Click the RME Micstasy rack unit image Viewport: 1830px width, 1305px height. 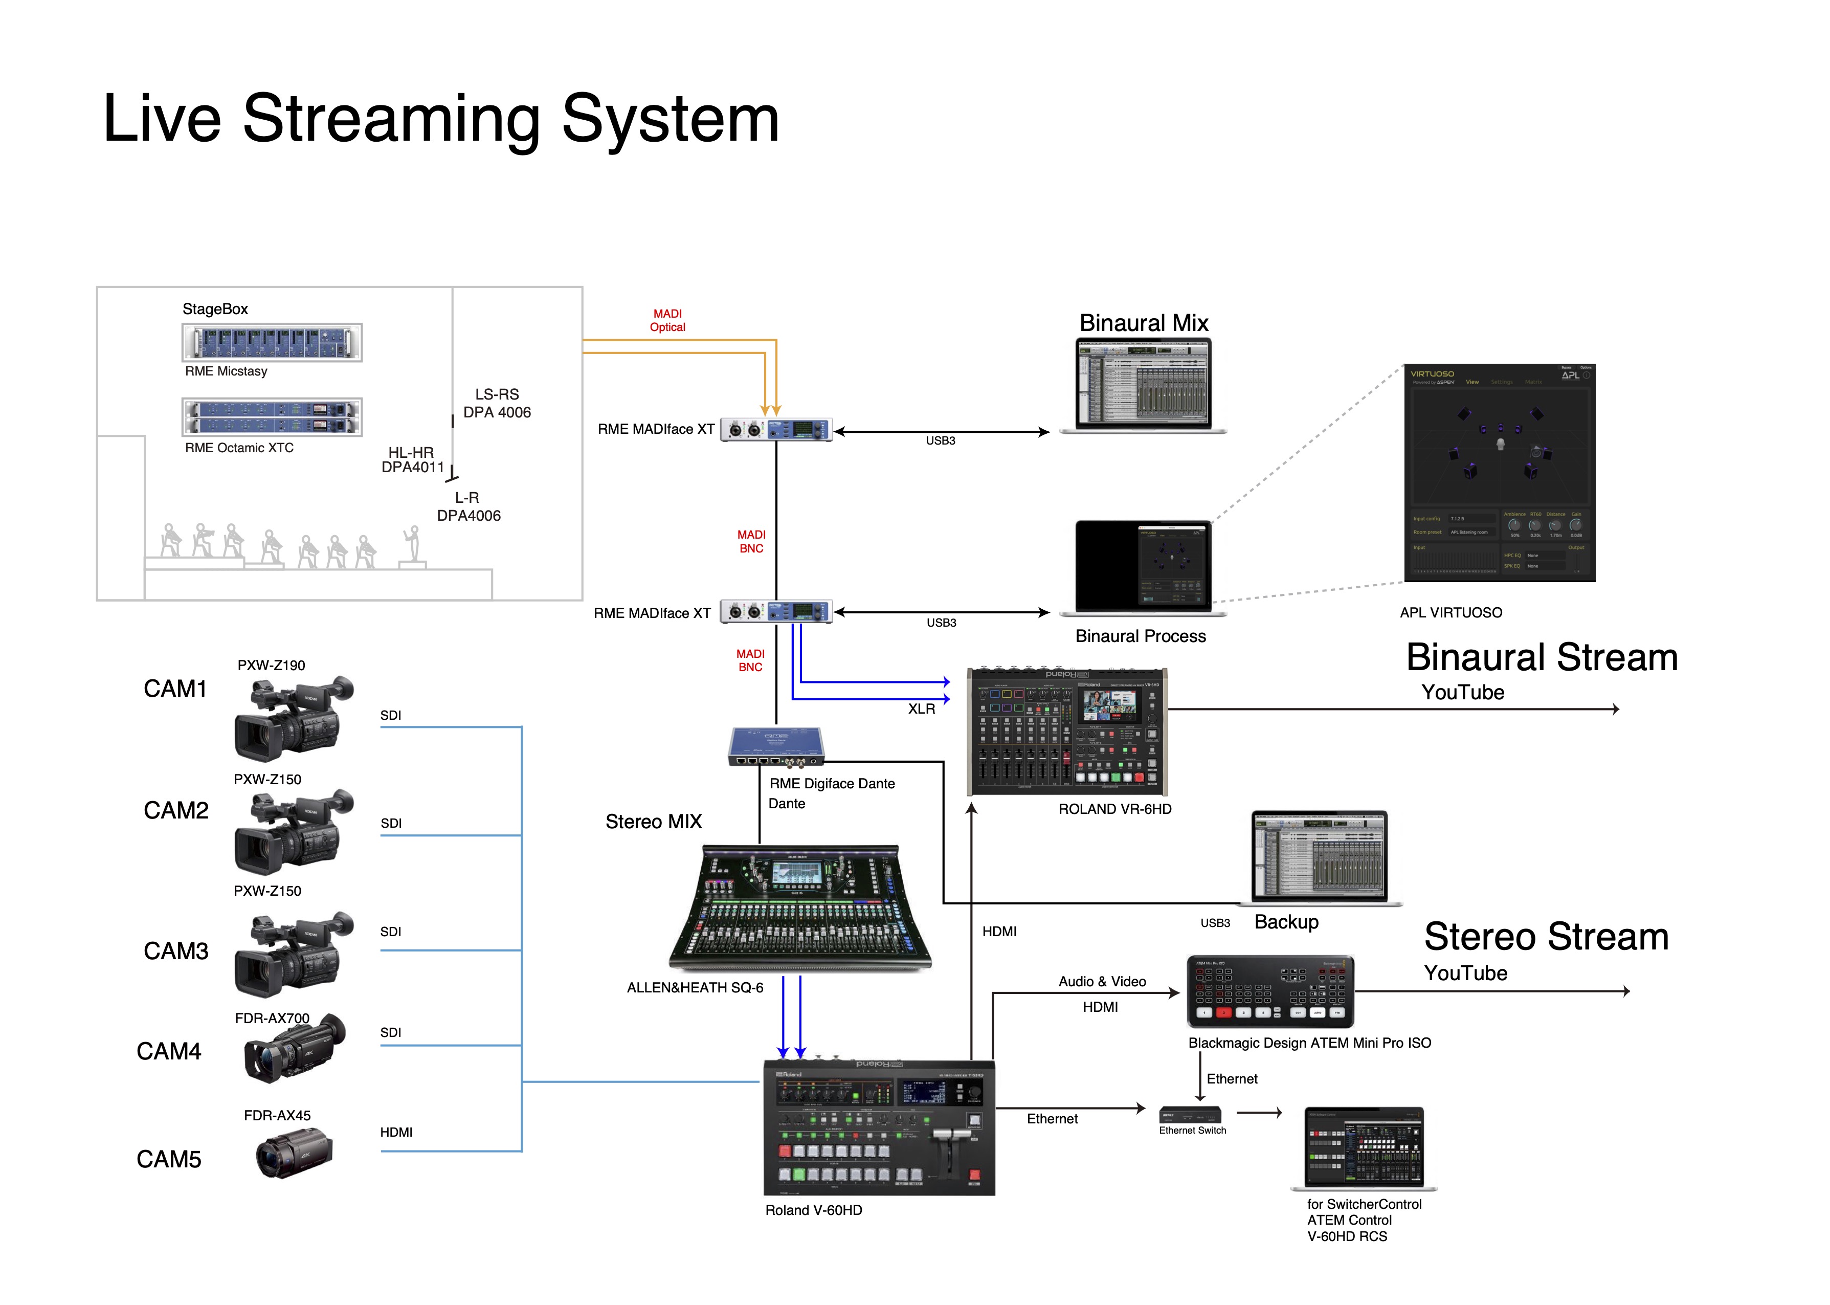coord(272,342)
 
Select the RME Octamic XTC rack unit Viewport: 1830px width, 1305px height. coord(272,417)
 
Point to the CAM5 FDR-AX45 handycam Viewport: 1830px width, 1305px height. coord(294,1153)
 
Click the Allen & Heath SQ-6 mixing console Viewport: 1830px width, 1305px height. coord(799,908)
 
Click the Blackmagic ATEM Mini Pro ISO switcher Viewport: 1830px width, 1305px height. coord(1270,991)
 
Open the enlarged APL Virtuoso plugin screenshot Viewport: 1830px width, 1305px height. coord(1499,473)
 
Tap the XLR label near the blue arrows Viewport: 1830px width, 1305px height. coord(922,709)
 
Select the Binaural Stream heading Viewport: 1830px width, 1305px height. coord(1542,657)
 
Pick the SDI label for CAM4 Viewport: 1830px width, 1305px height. coord(390,1032)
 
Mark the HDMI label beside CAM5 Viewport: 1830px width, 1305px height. coord(396,1132)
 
